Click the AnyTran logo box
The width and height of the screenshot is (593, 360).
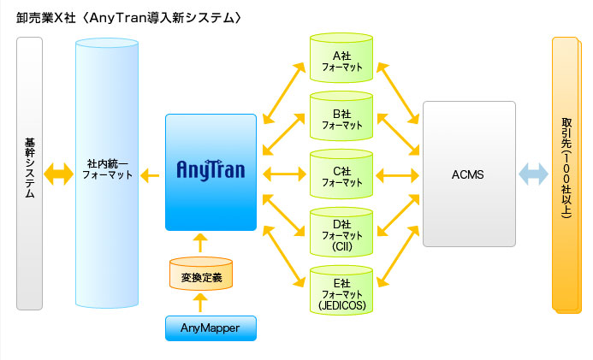point(211,172)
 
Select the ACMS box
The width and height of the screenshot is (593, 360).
point(468,174)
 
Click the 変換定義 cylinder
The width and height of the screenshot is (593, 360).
point(201,275)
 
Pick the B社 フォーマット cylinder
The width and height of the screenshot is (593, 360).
point(341,118)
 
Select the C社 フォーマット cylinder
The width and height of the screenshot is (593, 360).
point(341,175)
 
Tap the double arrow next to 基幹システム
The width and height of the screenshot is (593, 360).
point(59,174)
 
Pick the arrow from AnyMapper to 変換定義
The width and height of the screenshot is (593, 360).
point(201,302)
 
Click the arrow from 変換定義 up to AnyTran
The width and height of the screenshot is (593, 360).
point(201,243)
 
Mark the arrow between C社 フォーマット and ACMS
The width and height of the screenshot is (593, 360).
point(397,175)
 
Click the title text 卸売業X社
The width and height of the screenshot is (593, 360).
point(43,18)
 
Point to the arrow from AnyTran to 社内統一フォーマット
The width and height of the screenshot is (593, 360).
point(151,175)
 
